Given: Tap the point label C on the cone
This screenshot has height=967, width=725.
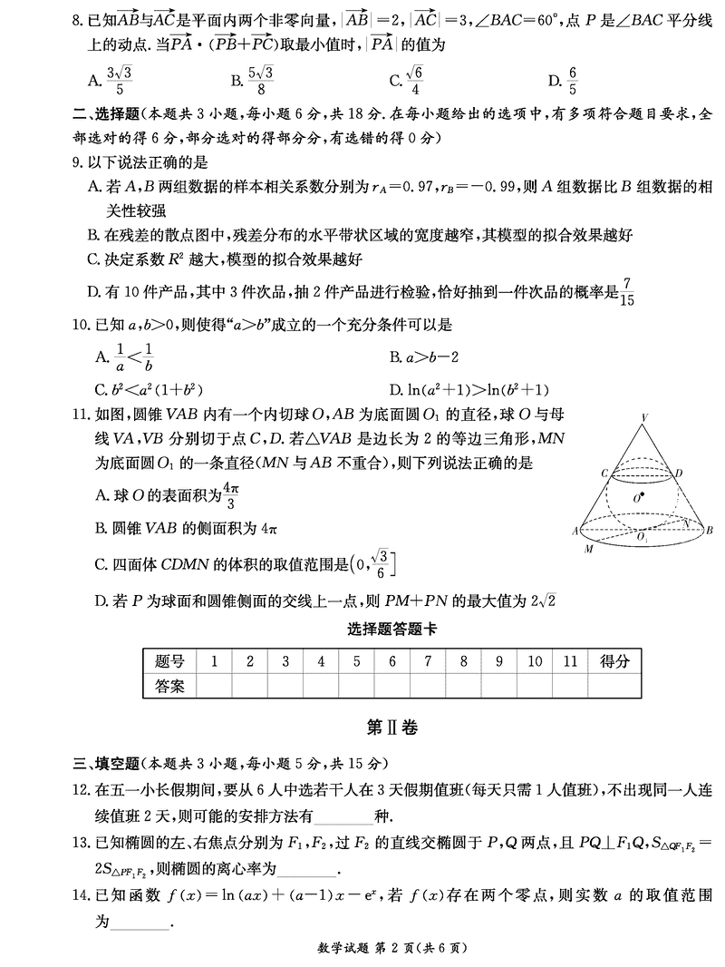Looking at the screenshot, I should point(603,473).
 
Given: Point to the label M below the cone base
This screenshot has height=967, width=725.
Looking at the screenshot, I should point(589,549).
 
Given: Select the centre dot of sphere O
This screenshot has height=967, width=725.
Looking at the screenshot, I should point(643,495).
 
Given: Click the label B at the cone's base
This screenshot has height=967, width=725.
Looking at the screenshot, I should point(710,530).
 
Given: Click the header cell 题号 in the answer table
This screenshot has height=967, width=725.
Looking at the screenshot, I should point(169,661).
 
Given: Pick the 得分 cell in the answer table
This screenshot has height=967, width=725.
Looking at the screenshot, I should point(614,661).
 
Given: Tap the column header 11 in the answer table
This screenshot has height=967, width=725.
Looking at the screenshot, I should point(569,661).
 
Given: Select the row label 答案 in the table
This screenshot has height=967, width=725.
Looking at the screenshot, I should point(169,686).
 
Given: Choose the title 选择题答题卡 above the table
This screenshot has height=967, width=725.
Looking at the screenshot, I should point(391,630).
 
